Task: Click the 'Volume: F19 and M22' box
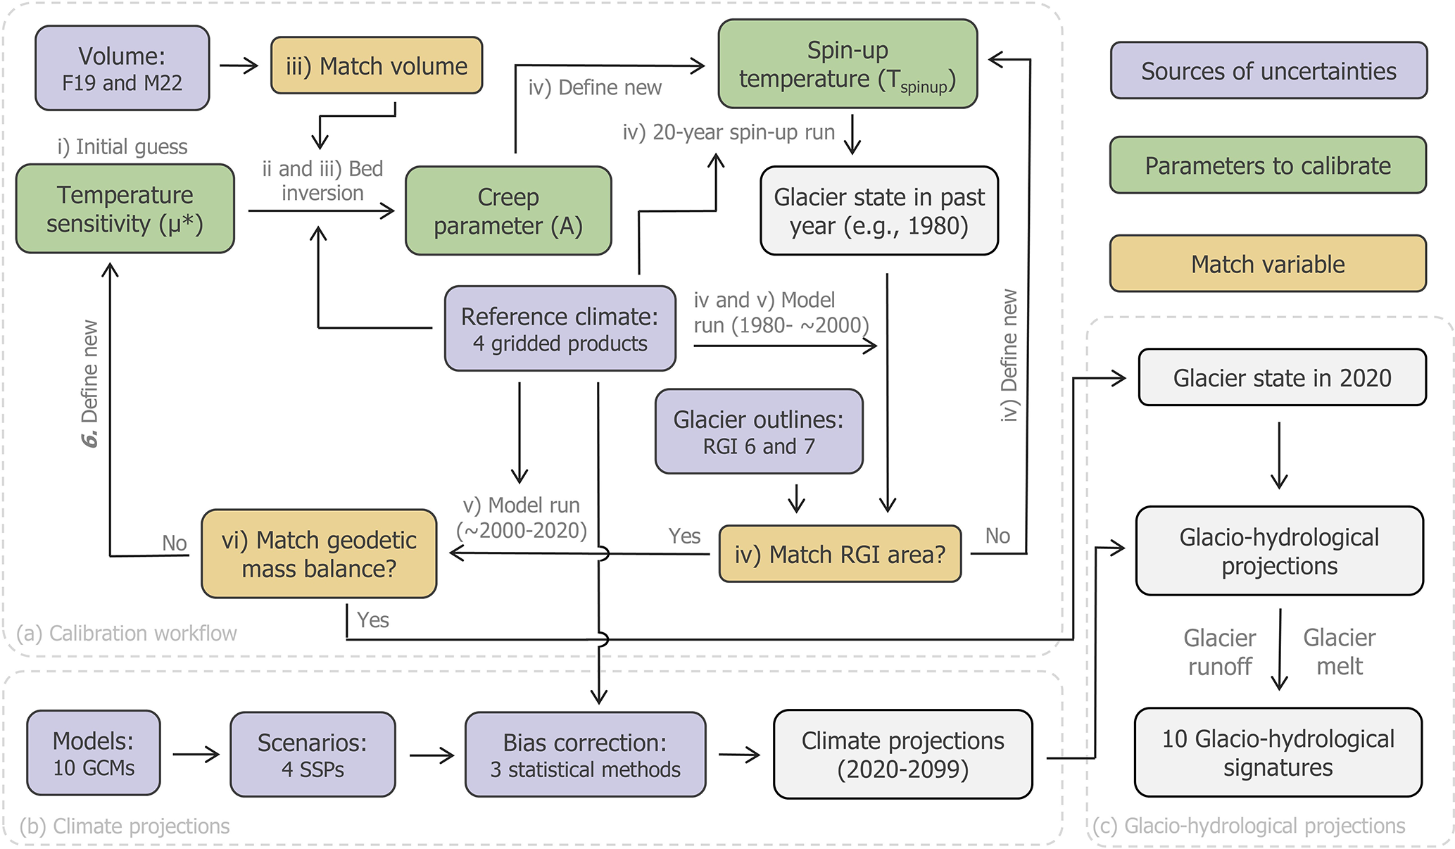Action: [x=122, y=68]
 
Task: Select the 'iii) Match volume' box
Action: [x=377, y=65]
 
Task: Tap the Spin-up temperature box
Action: [x=848, y=64]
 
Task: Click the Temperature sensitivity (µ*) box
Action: [x=125, y=209]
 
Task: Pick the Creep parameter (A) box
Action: [x=508, y=210]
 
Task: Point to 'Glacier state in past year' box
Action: [x=879, y=210]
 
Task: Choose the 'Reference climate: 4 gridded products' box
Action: [x=560, y=329]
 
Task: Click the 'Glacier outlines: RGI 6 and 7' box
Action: [x=759, y=432]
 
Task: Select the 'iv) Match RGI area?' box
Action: [x=840, y=554]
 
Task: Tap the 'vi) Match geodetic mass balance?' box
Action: [x=319, y=554]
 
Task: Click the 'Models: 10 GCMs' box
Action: [x=94, y=753]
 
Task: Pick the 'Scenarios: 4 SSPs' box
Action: [x=313, y=755]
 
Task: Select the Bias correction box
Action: [x=585, y=755]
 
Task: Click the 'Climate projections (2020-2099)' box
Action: [x=902, y=755]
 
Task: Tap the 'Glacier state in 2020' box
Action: [x=1282, y=378]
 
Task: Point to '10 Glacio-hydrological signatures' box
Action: [x=1278, y=753]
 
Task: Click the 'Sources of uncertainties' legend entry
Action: [x=1268, y=71]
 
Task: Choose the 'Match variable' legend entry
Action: [x=1268, y=264]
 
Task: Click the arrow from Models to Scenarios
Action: [x=196, y=755]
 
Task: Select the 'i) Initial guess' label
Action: [x=122, y=146]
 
